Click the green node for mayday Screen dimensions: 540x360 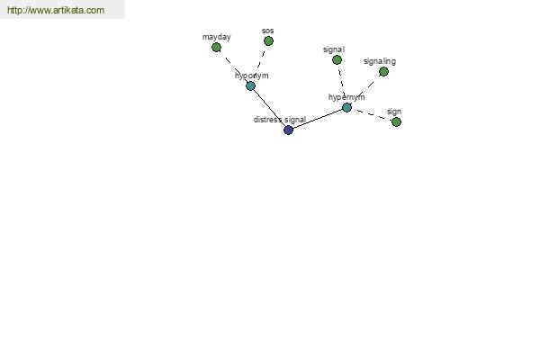click(x=216, y=48)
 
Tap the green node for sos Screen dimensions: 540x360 click(x=268, y=41)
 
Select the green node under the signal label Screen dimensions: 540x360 click(x=337, y=60)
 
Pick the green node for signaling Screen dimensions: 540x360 click(x=383, y=72)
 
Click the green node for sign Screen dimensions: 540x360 click(x=396, y=122)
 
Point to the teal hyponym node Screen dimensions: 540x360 click(x=251, y=86)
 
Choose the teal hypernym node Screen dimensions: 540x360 click(x=346, y=108)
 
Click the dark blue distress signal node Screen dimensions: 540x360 click(x=288, y=130)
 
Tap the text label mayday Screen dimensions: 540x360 click(x=217, y=37)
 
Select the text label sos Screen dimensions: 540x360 click(x=267, y=31)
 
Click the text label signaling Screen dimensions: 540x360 click(x=380, y=62)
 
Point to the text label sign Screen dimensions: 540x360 click(x=394, y=112)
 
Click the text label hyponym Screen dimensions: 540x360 click(x=251, y=76)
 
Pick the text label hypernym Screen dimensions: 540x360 click(x=346, y=97)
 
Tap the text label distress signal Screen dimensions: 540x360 click(x=280, y=120)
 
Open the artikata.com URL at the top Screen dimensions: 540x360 click(x=56, y=10)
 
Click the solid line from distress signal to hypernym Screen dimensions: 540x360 click(x=318, y=119)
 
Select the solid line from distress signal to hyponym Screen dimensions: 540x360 click(x=270, y=108)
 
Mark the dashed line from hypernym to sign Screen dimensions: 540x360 click(x=372, y=114)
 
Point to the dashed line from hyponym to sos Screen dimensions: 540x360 click(x=260, y=62)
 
